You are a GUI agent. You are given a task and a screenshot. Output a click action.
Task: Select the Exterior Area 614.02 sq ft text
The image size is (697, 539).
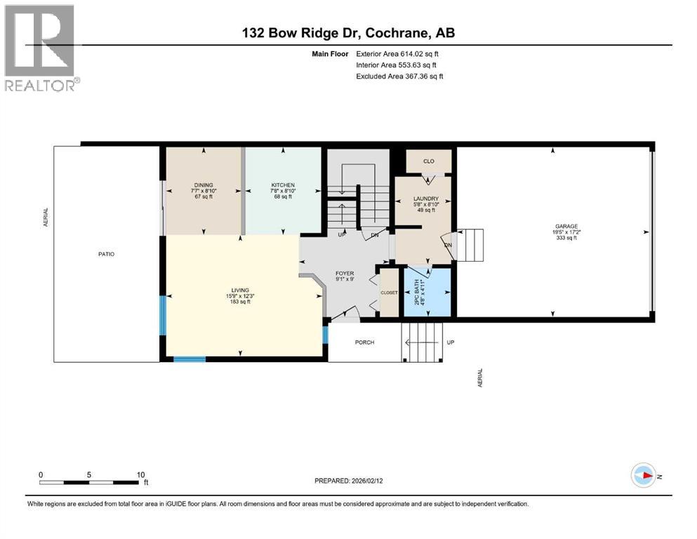point(400,53)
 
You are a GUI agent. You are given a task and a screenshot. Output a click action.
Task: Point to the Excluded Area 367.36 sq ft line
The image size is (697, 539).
point(399,76)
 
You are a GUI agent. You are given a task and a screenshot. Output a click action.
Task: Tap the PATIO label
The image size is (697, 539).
point(106,254)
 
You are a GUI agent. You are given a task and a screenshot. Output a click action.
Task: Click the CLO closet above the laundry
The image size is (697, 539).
point(428,161)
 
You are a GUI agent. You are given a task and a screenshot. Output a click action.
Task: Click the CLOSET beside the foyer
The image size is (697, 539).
point(388,292)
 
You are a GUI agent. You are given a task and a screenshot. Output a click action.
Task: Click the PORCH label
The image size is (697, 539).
point(364,342)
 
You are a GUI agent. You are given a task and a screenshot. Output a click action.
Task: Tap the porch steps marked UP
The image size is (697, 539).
point(423,341)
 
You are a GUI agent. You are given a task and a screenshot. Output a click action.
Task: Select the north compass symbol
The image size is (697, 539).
point(644,475)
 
